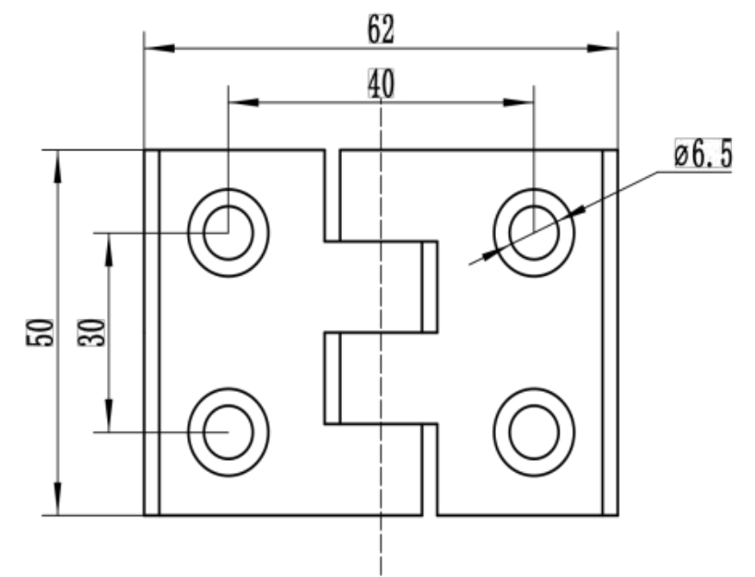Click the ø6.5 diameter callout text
tap(702, 157)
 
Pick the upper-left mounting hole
tap(228, 232)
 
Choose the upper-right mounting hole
tap(534, 230)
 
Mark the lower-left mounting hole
tap(228, 431)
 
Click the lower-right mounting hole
tap(534, 431)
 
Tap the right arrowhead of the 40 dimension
tap(523, 101)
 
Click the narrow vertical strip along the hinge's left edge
tap(151, 332)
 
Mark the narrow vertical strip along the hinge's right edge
tap(609, 332)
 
